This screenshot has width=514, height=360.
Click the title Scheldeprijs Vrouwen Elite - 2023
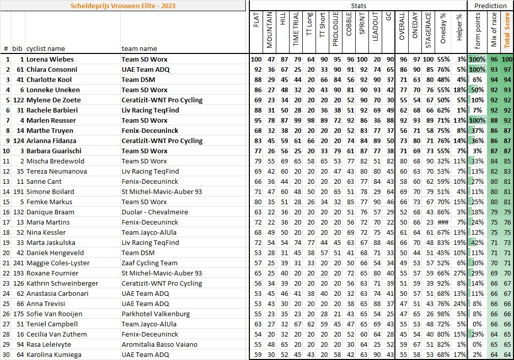point(124,6)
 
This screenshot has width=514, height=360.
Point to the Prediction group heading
point(490,6)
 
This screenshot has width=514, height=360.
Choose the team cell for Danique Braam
point(155,212)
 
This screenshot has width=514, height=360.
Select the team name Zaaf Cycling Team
point(149,263)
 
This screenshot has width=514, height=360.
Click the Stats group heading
point(358,6)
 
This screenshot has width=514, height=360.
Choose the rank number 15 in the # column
point(7,202)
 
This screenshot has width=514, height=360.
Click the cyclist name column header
point(45,49)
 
